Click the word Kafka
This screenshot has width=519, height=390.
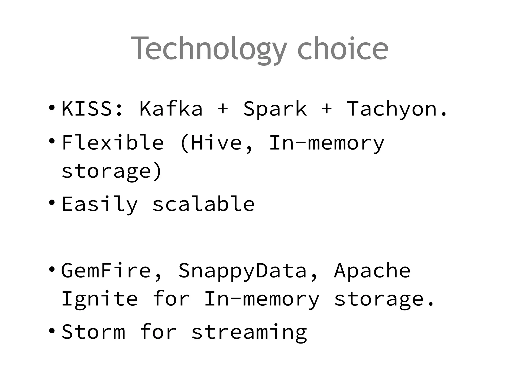click(171, 109)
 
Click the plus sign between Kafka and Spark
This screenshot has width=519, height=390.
click(223, 109)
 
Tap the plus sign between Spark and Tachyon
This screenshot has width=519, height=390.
click(327, 109)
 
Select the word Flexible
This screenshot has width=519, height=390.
click(113, 143)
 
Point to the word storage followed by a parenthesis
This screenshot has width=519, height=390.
click(106, 171)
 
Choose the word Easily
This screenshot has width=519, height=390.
click(100, 205)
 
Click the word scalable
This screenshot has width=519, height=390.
click(203, 204)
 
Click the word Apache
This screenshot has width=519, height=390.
click(372, 271)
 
